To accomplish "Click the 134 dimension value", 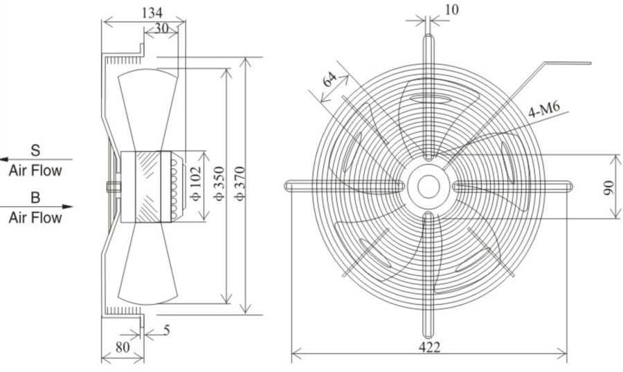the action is coord(152,12).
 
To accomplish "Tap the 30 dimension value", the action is coord(161,28).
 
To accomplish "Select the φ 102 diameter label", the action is coord(197,183).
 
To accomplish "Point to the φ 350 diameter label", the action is coord(219,184).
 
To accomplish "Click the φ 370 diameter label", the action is coord(240,184).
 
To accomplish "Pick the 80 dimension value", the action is coord(123,347).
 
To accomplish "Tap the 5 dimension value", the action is coord(167,330).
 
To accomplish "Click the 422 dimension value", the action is coord(429,347).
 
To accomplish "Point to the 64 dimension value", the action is coord(329,79).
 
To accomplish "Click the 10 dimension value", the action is coord(451,10).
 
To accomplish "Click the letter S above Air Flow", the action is coord(35,151).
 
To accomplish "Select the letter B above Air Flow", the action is coord(35,197).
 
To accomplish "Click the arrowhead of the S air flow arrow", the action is coord(3,160).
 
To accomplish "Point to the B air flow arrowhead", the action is coord(69,207).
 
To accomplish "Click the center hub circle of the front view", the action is coord(428,186).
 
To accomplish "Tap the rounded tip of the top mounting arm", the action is coord(428,37).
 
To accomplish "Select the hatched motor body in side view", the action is coord(148,187).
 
